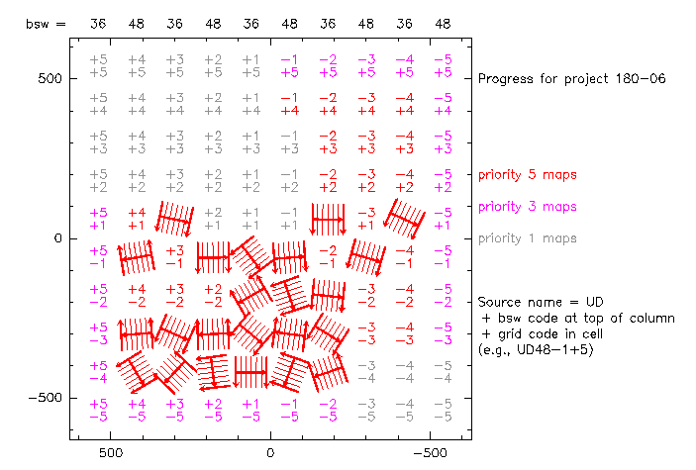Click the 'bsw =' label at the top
(x=46, y=22)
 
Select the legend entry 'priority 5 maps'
(x=527, y=175)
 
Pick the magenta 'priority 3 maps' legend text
(x=527, y=207)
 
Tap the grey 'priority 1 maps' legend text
(x=527, y=238)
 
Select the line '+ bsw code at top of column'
(x=576, y=318)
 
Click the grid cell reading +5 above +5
(x=98, y=65)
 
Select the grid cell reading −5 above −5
(x=443, y=410)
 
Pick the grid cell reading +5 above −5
(x=98, y=410)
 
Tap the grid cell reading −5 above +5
(x=443, y=65)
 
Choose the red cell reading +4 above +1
(x=137, y=219)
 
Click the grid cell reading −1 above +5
(x=290, y=65)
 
